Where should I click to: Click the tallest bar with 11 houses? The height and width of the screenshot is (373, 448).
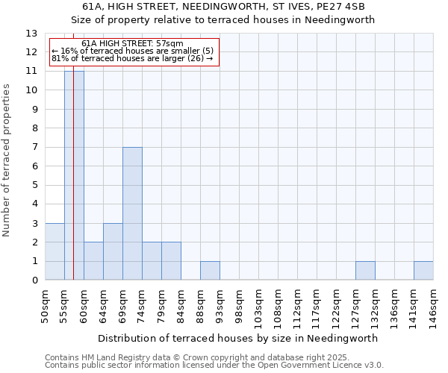point(74,175)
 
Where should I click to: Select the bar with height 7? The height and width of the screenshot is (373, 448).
point(132,213)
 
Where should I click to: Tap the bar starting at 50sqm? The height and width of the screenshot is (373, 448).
point(55,251)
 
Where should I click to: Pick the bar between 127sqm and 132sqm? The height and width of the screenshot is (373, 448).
point(365,271)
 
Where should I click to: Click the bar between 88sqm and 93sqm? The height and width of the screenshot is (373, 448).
point(210,271)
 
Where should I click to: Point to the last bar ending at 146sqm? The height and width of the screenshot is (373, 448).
point(423,271)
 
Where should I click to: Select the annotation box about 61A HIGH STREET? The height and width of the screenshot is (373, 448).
point(134,52)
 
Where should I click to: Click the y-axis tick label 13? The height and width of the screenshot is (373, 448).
point(31,34)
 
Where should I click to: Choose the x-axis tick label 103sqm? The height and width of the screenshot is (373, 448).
point(258,306)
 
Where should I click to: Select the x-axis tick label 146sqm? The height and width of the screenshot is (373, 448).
point(433,306)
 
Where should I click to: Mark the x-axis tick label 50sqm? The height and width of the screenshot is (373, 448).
point(45,304)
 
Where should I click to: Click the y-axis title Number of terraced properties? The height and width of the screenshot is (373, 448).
point(7,160)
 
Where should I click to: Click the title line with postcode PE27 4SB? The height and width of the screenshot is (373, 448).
point(223,7)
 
